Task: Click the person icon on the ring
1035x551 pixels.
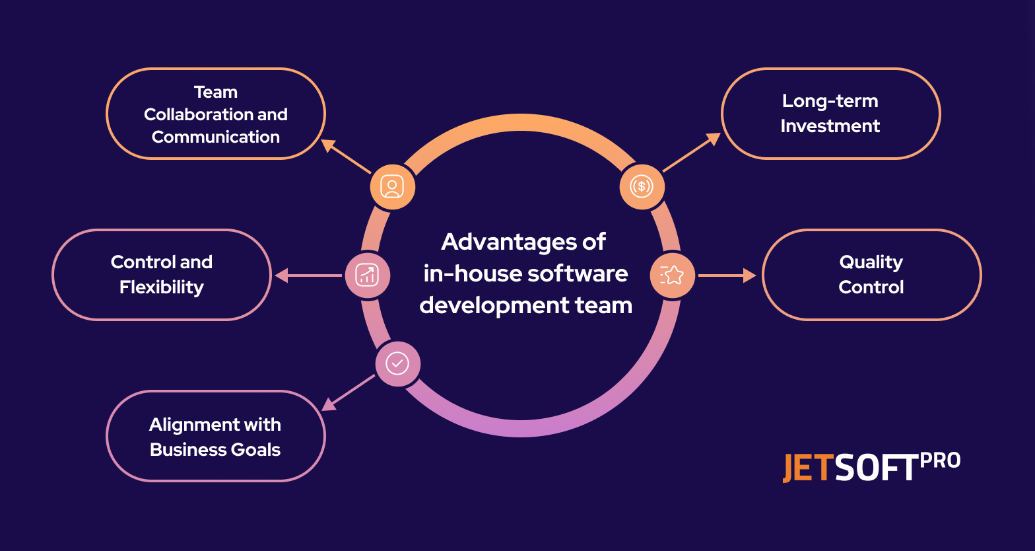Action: [x=392, y=187]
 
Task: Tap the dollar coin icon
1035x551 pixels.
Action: [x=642, y=187]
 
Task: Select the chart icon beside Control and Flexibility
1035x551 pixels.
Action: [x=367, y=275]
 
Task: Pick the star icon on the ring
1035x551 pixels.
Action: [x=672, y=275]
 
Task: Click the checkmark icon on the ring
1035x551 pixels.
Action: [x=397, y=363]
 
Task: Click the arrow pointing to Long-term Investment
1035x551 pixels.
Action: [x=691, y=153]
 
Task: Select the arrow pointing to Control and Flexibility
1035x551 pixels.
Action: [x=308, y=275]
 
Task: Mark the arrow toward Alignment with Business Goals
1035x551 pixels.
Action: [x=348, y=392]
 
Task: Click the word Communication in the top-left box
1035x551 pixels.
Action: [x=216, y=137]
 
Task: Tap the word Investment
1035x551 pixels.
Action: [x=830, y=126]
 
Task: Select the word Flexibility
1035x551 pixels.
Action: [x=162, y=287]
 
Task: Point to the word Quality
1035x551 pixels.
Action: [x=871, y=262]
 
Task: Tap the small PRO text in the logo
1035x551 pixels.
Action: [x=940, y=460]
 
